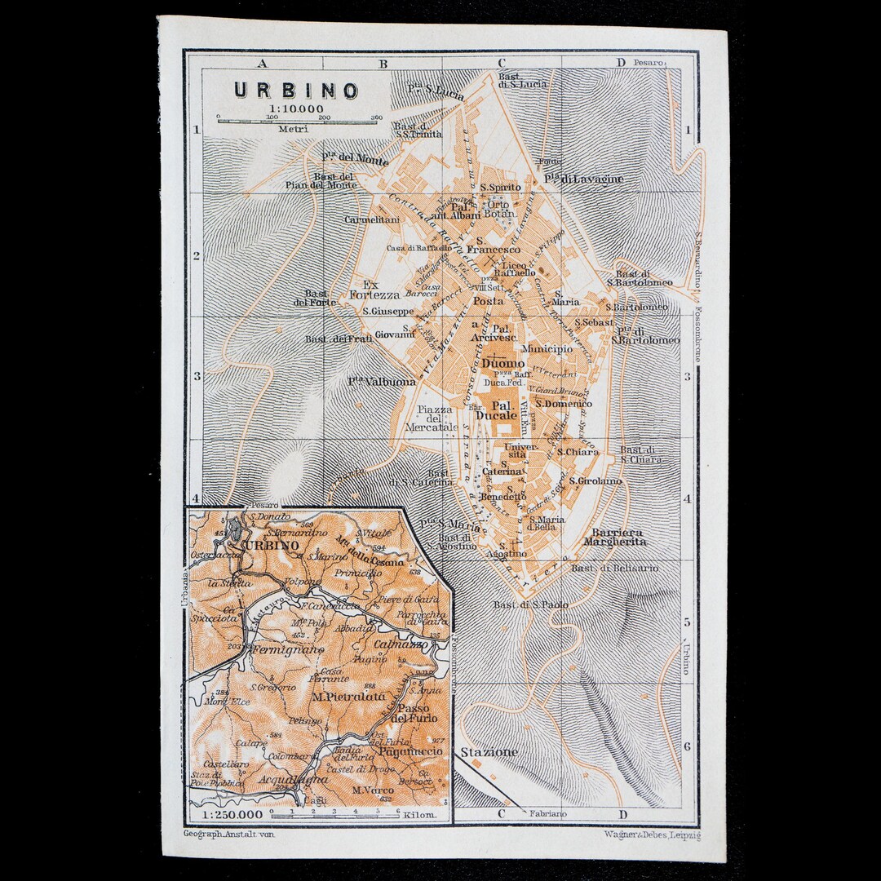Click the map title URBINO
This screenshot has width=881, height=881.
click(x=296, y=90)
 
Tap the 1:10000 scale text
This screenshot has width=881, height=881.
click(x=296, y=108)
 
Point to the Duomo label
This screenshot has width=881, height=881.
click(x=503, y=363)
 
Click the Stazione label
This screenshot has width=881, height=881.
click(x=489, y=752)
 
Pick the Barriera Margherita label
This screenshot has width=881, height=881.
click(x=614, y=536)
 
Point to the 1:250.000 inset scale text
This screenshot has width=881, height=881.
click(x=228, y=814)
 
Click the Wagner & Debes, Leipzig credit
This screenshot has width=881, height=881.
click(x=651, y=835)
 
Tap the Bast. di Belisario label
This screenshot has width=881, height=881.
click(x=603, y=568)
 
